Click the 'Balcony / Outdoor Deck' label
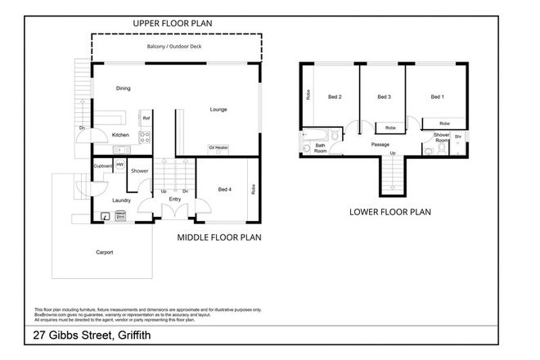[x=173, y=47]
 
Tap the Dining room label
[x=123, y=88]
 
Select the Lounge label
[x=218, y=110]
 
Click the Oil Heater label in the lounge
[x=218, y=147]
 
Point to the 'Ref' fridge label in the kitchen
[x=146, y=119]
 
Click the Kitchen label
[x=120, y=134]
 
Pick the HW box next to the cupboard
[x=119, y=165]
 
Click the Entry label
[x=175, y=199]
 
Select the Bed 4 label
[x=225, y=190]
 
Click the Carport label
[x=104, y=251]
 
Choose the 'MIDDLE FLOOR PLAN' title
[x=218, y=239]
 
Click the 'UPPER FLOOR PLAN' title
[x=173, y=25]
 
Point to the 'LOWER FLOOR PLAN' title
[x=390, y=211]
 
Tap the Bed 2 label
[x=334, y=97]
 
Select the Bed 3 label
[x=384, y=97]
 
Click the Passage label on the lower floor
[x=380, y=146]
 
